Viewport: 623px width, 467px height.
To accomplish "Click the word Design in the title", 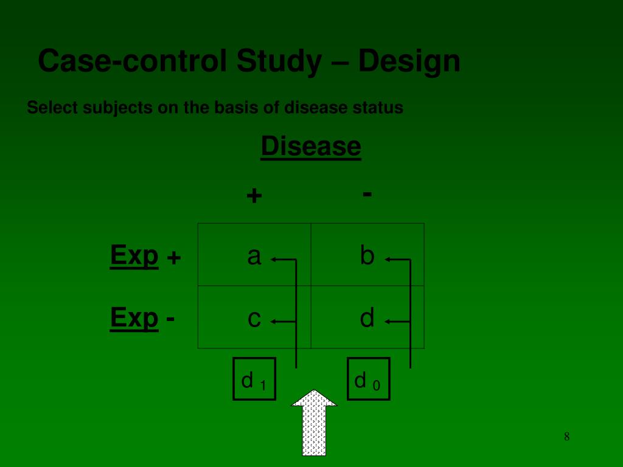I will (x=409, y=61).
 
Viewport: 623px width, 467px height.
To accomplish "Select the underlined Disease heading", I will (x=311, y=147).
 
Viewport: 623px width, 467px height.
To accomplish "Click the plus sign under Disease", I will (x=254, y=196).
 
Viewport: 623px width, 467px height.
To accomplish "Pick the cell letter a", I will (x=254, y=257).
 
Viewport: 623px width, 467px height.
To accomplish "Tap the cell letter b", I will (x=367, y=255).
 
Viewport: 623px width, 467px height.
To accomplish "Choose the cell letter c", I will (x=254, y=319).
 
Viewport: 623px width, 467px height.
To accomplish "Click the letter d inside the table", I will (x=367, y=317).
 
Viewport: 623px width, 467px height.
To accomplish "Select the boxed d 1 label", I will (x=254, y=379).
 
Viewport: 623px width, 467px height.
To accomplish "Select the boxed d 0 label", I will (x=368, y=379).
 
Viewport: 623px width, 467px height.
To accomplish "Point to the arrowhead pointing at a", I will (x=274, y=260).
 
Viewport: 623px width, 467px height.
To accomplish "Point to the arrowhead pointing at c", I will (x=274, y=321).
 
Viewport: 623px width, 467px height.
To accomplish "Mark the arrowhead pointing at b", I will (x=388, y=260).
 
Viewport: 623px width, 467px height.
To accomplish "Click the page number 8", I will (x=566, y=436).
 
